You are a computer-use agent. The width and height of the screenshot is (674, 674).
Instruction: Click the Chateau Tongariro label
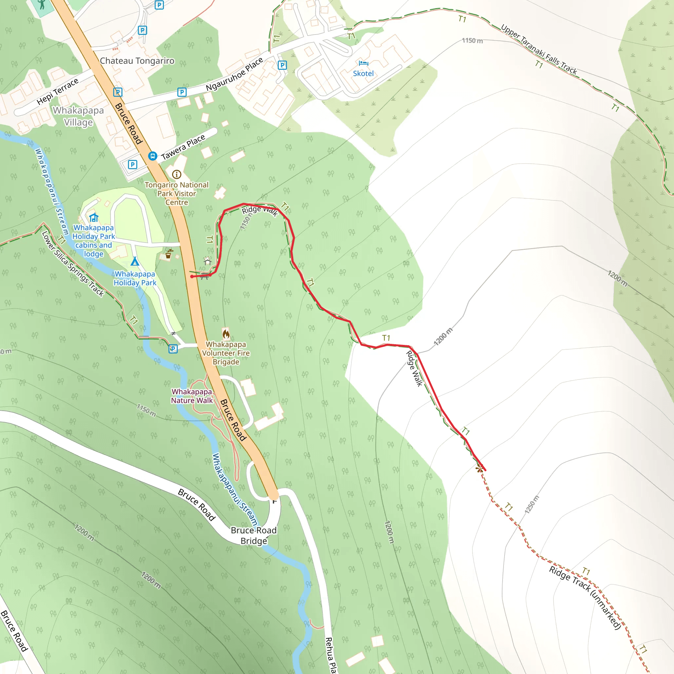tap(137, 61)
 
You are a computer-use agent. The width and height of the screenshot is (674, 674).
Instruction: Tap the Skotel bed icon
tap(363, 63)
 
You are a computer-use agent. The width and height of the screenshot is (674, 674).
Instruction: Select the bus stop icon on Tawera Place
tap(152, 156)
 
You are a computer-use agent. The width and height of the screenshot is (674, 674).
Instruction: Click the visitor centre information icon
tap(176, 174)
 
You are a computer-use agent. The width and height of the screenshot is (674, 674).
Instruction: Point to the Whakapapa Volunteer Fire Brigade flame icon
tap(226, 334)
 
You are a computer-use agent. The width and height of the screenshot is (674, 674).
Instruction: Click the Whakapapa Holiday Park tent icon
tap(135, 261)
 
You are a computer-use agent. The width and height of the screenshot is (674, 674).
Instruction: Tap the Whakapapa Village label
tap(79, 116)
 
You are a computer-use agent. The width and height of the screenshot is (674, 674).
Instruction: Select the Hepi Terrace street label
tap(58, 91)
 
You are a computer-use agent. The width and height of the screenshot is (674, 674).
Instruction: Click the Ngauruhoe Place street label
tap(234, 74)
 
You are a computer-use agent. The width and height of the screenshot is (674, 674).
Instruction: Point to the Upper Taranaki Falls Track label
tap(539, 49)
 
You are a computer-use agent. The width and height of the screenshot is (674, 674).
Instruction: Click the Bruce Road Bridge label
tap(254, 535)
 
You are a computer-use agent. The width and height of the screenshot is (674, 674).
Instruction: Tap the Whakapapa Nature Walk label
tap(192, 396)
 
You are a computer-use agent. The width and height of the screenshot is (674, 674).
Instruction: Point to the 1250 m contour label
tap(532, 505)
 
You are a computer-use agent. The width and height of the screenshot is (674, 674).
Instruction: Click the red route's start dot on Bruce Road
tap(192, 277)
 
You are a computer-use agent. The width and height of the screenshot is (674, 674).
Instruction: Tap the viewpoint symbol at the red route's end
tap(479, 469)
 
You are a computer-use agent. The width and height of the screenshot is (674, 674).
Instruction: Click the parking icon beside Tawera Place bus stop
tap(132, 164)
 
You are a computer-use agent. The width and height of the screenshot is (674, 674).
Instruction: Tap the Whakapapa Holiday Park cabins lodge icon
tap(93, 218)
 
